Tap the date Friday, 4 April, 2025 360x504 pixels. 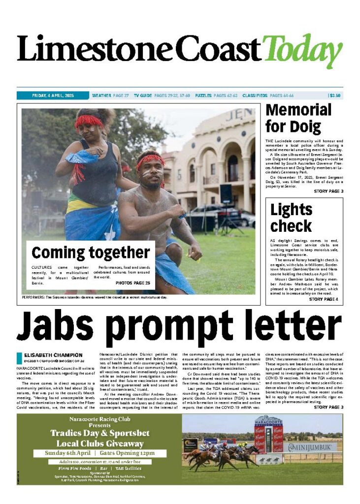pyautogui.click(x=52, y=95)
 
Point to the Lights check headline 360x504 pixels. pyautogui.click(x=291, y=218)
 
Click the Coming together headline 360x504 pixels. pyautogui.click(x=91, y=253)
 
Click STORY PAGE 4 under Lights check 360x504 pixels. pyautogui.click(x=323, y=299)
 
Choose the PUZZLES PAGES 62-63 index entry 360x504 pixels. pyautogui.click(x=216, y=95)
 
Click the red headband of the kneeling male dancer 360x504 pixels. pyautogui.click(x=151, y=160)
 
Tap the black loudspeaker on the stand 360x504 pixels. pyautogui.click(x=226, y=194)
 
